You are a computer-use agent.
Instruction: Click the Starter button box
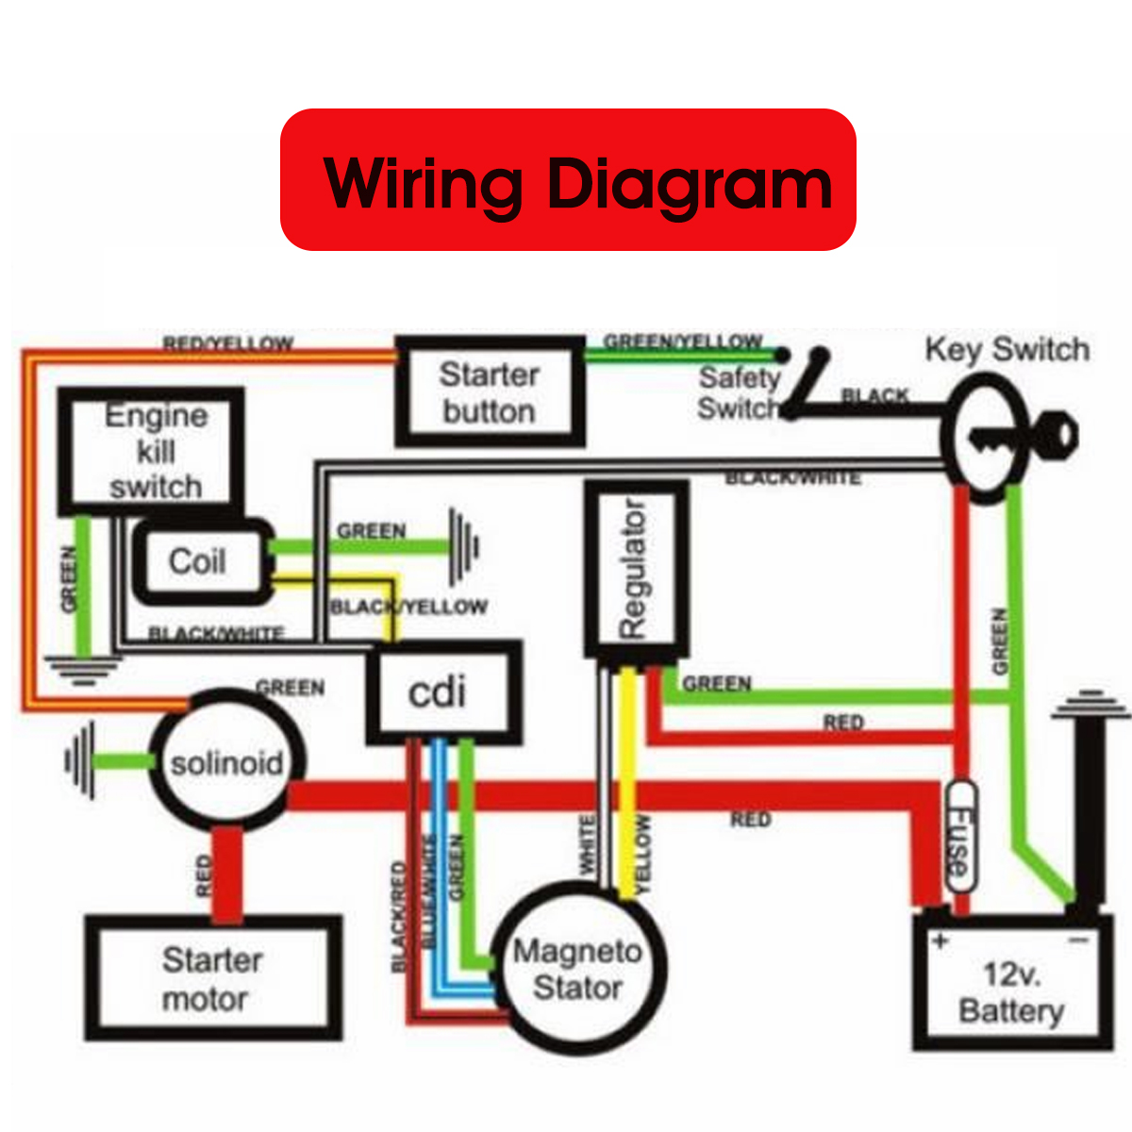pyautogui.click(x=490, y=392)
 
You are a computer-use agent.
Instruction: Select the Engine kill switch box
pyautogui.click(x=152, y=451)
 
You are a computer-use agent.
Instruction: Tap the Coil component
pyautogui.click(x=199, y=562)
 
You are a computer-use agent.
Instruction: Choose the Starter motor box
pyautogui.click(x=212, y=978)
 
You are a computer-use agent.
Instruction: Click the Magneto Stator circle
pyautogui.click(x=578, y=970)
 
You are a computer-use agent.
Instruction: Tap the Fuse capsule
pyautogui.click(x=960, y=838)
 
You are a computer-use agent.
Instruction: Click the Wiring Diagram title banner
pyautogui.click(x=568, y=180)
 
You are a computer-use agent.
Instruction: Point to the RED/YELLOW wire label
pyautogui.click(x=228, y=343)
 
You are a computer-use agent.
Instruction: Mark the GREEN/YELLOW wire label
pyautogui.click(x=682, y=341)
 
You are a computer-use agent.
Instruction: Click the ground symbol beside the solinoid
pyautogui.click(x=80, y=760)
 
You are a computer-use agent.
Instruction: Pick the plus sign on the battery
pyautogui.click(x=940, y=941)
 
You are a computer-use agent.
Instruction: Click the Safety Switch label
pyautogui.click(x=739, y=393)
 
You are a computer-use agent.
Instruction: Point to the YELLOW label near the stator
pyautogui.click(x=643, y=855)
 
